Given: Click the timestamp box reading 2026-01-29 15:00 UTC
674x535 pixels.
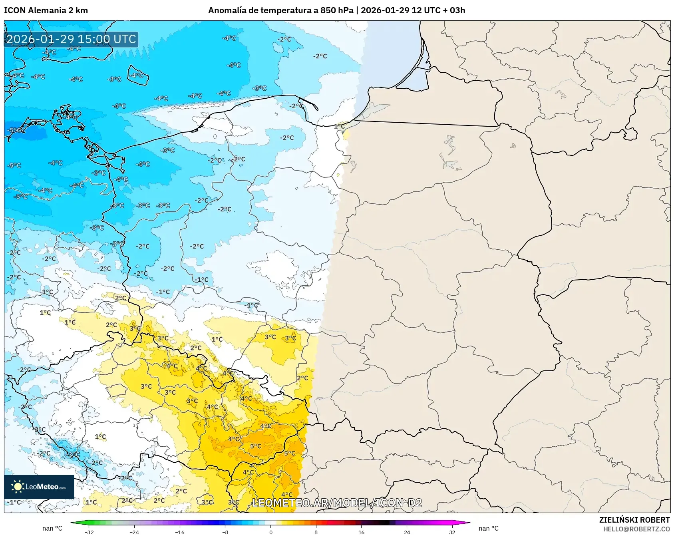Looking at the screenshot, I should (x=71, y=39).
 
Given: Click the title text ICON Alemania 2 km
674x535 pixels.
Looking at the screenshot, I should (x=46, y=10).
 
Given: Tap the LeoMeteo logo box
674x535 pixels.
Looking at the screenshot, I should (x=39, y=487).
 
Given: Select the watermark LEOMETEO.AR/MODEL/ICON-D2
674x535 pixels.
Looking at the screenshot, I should (x=337, y=503).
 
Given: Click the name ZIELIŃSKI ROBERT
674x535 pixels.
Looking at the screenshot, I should (x=634, y=520).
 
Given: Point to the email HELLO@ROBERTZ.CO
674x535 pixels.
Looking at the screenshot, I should (x=636, y=529).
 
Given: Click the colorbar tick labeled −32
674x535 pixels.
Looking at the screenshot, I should (x=89, y=532).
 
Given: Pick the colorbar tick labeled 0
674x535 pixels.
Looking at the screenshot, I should (x=271, y=532).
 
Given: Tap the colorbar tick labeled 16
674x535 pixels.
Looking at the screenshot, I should (x=362, y=532).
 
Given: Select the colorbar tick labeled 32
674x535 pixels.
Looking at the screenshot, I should (x=452, y=532).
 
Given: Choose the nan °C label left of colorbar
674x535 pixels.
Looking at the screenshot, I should (x=52, y=528).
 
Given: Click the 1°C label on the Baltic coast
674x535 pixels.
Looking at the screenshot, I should (x=339, y=126).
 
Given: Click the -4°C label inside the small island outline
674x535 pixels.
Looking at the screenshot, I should (x=137, y=75).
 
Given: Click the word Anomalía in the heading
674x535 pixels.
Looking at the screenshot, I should (x=227, y=10).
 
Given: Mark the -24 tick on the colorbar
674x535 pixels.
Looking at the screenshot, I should (x=134, y=532).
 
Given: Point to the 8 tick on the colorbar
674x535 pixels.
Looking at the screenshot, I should (x=316, y=532).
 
